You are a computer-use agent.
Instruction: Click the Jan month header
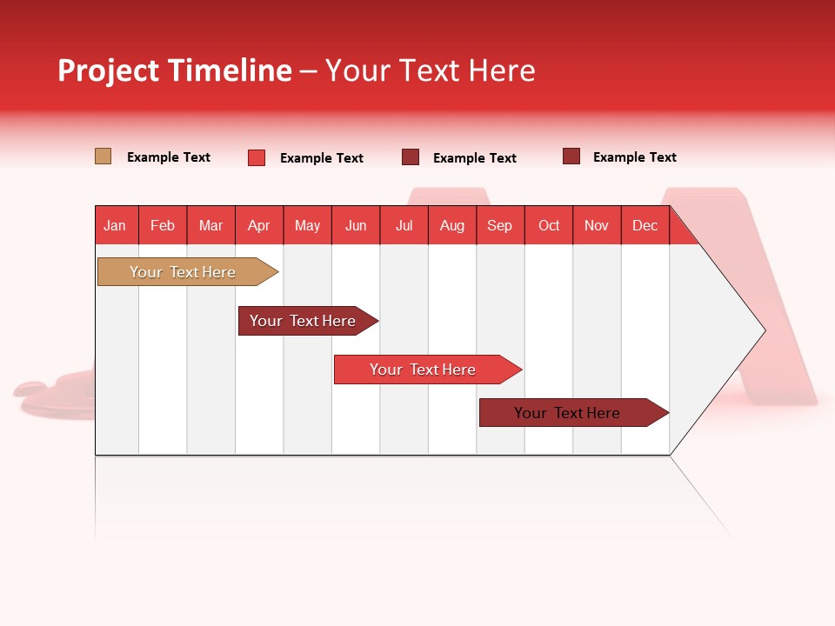[x=116, y=225]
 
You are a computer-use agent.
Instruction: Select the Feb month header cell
[x=163, y=225]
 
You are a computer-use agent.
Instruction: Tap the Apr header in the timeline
[x=259, y=225]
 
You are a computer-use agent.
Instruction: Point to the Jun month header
[x=356, y=225]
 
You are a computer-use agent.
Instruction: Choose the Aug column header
[x=452, y=225]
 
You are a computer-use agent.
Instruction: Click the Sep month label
[x=500, y=225]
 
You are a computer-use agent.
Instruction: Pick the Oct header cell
[x=549, y=225]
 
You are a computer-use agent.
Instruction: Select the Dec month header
[x=645, y=225]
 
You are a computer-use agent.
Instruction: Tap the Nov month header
[x=597, y=225]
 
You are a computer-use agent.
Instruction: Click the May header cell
[x=307, y=225]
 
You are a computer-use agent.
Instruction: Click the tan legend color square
[x=103, y=156]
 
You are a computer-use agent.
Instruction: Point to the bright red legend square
[x=257, y=157]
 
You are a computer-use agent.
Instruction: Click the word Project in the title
[x=109, y=70]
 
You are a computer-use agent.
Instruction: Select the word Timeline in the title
[x=230, y=70]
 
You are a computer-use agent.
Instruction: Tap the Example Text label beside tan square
[x=169, y=157]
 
